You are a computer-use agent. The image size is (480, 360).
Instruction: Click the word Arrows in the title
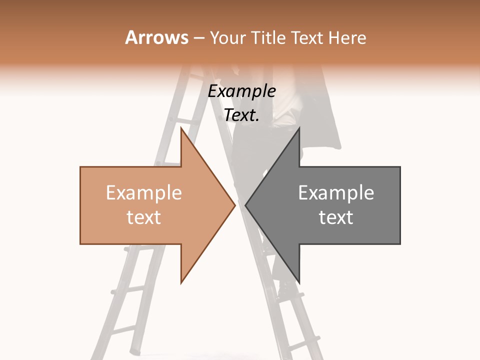click(x=156, y=37)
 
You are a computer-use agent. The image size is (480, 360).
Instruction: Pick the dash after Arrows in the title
click(x=199, y=38)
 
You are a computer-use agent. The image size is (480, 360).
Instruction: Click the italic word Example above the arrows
click(x=241, y=91)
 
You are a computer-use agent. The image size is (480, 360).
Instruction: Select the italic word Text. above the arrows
click(x=241, y=115)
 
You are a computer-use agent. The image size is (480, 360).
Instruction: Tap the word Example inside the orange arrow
click(x=144, y=193)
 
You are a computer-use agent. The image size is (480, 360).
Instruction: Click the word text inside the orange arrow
click(x=144, y=217)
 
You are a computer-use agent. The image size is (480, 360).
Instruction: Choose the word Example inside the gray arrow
click(x=336, y=193)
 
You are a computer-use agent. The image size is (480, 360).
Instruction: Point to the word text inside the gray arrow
click(x=336, y=217)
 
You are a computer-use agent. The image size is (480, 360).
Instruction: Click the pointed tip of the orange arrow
click(x=234, y=205)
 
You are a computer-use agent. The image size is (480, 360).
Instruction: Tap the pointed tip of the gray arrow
click(x=246, y=205)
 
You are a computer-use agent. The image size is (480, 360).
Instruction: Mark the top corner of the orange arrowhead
click(x=181, y=128)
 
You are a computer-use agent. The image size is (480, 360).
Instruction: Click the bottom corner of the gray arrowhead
click(x=299, y=282)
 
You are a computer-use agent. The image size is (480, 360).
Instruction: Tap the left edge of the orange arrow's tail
click(x=80, y=205)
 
